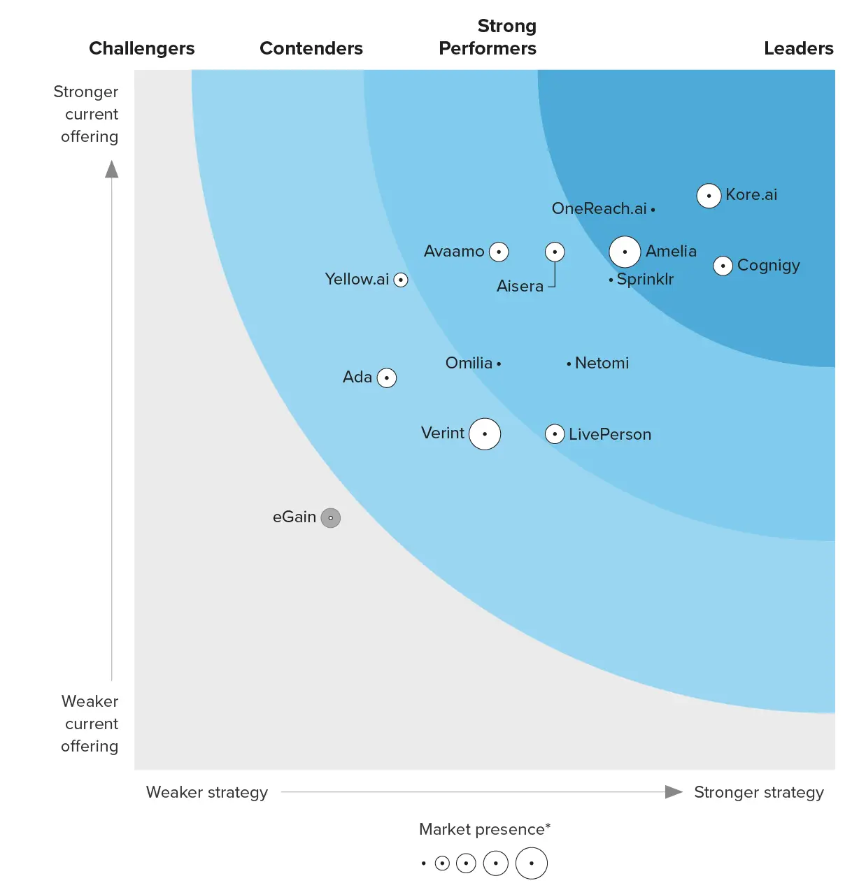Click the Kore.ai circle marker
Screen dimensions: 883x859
point(709,196)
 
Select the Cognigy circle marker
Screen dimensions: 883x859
point(723,266)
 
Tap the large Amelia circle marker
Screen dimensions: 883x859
point(625,252)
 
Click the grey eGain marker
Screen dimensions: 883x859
point(331,518)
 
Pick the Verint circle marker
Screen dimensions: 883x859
point(485,434)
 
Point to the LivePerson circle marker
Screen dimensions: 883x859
point(555,434)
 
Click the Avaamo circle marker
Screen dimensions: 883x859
point(499,252)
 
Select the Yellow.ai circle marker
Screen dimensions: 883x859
point(401,280)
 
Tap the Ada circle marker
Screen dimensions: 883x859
point(387,378)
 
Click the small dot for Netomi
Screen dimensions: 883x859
point(569,364)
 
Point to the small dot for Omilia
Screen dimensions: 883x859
point(499,364)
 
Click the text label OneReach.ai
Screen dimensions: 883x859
point(599,208)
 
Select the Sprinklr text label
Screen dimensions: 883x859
point(645,279)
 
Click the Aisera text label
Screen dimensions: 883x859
point(520,286)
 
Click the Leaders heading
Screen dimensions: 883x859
point(798,48)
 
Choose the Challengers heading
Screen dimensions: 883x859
point(142,48)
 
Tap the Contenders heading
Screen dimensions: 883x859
point(311,48)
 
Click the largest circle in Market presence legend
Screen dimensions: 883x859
point(532,863)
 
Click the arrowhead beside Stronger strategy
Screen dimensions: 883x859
point(673,791)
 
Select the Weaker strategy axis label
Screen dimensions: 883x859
point(207,792)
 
